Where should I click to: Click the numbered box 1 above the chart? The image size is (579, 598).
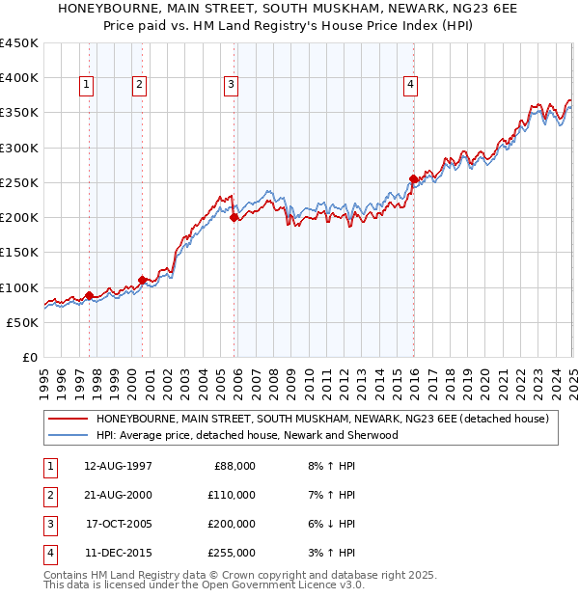point(87,85)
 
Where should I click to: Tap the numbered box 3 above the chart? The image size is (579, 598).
point(232,85)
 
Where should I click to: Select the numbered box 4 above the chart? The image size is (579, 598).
point(410,85)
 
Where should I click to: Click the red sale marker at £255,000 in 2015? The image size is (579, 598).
point(413,178)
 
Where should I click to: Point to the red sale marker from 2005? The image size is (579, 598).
point(234,217)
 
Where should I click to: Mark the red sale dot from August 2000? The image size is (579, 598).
point(143,280)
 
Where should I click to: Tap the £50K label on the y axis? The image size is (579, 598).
point(22,322)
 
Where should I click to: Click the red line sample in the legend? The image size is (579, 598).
point(67,419)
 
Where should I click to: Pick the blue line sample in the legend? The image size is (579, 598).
point(67,435)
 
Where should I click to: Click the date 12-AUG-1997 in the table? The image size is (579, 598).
point(118,467)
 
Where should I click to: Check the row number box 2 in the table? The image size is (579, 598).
point(49,496)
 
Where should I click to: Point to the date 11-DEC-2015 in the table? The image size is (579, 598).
point(118,554)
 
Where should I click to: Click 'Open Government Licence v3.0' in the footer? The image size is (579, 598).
point(285,584)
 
